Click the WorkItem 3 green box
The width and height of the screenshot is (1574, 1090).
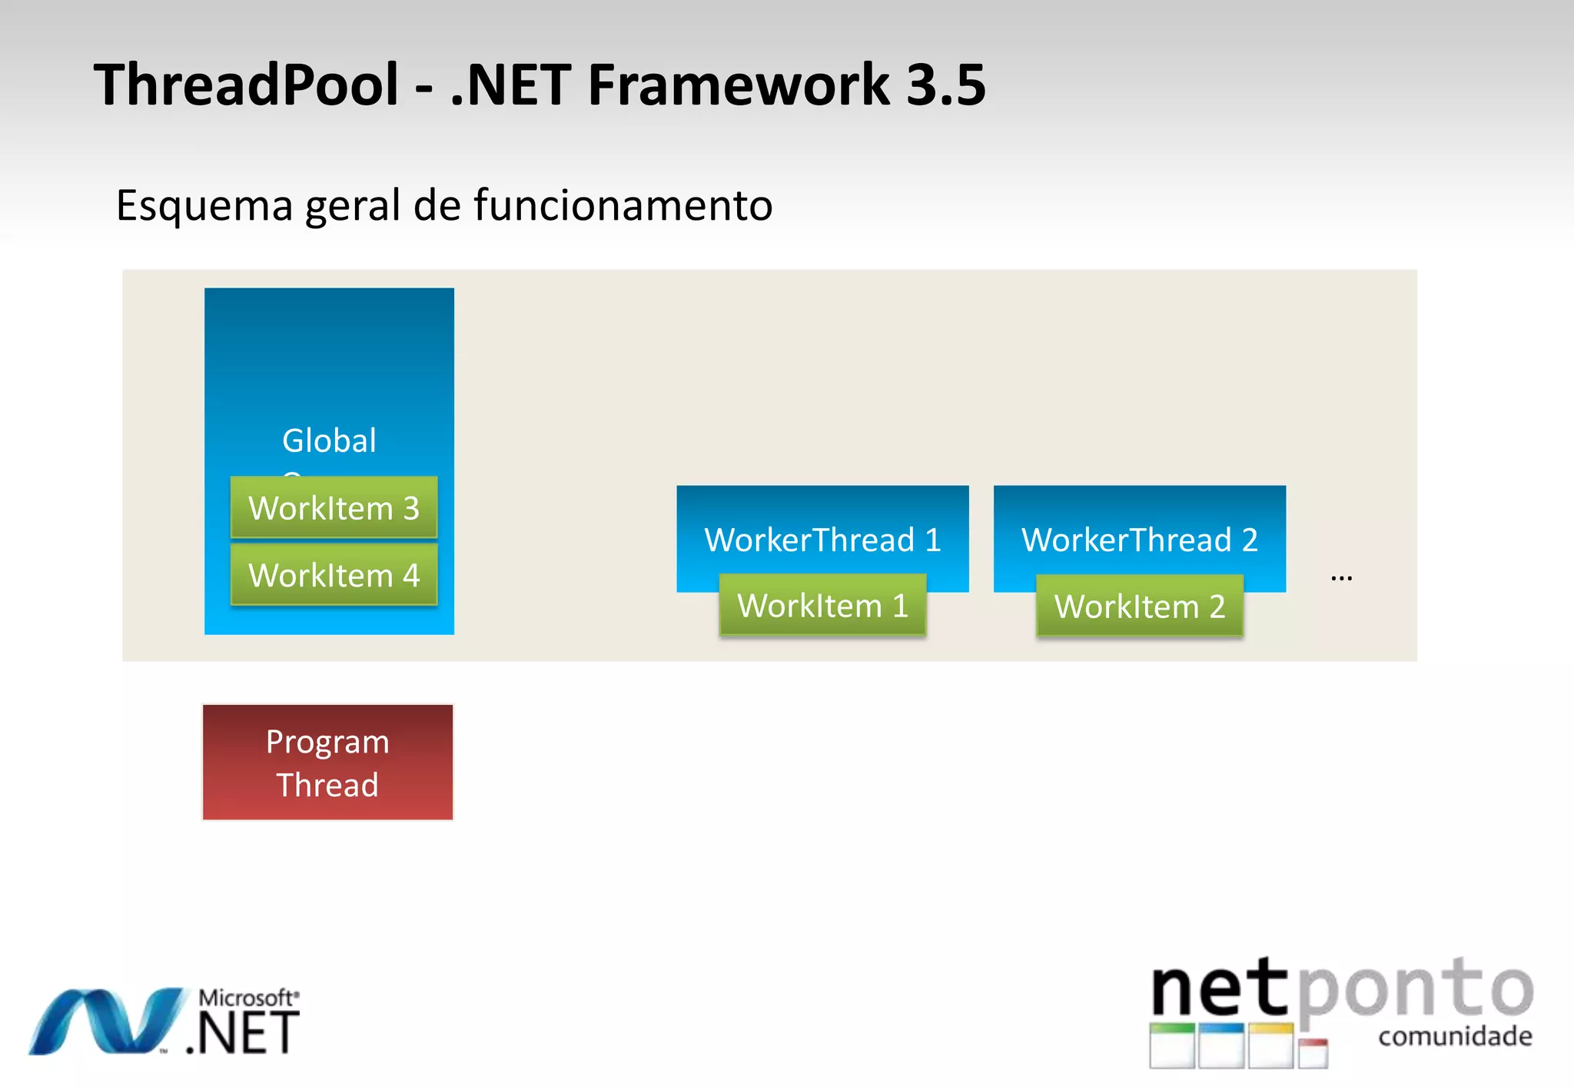pos(334,507)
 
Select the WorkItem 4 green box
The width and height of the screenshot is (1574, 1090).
pos(334,575)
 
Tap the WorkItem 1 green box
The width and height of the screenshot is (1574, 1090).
pos(822,606)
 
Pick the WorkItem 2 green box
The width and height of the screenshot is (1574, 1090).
pos(1139,606)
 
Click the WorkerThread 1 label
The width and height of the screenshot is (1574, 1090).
pos(822,540)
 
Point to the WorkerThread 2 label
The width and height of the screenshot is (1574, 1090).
pos(1139,540)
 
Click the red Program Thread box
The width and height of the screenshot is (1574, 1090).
pos(327,763)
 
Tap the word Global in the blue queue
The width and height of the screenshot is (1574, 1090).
pos(329,440)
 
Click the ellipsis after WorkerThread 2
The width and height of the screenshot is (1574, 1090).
pos(1341,577)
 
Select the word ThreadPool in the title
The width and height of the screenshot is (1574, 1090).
pos(246,85)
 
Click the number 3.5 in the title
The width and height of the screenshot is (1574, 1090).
pos(945,85)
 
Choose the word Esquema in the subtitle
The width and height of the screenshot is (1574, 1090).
pos(204,206)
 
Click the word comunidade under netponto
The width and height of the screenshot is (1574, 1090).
pos(1455,1036)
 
